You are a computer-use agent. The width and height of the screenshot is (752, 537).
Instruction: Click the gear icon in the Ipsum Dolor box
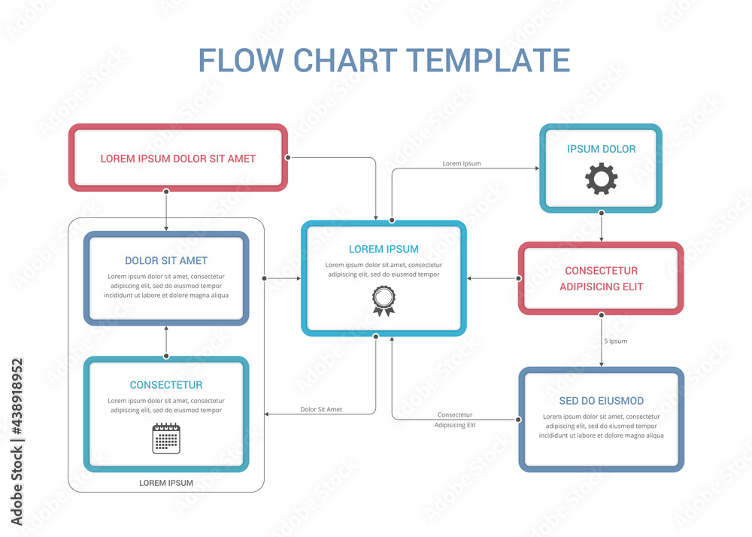point(601,179)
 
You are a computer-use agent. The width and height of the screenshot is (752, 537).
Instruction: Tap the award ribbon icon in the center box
point(384,300)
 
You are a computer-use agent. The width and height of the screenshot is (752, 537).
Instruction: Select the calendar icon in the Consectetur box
point(166,438)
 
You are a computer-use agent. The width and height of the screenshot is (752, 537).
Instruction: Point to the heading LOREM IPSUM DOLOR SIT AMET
point(178,159)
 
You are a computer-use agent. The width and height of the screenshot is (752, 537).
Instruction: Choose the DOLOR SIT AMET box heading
point(166,261)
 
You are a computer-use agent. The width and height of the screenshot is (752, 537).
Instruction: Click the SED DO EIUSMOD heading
point(601,401)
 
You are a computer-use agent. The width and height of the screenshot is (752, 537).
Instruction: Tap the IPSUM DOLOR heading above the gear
point(601,149)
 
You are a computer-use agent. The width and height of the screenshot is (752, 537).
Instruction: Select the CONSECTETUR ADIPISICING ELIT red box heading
point(601,278)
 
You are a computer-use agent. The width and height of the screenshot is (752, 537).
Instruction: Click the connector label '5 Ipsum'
point(615,341)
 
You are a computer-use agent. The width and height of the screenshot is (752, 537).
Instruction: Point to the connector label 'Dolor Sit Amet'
point(321,410)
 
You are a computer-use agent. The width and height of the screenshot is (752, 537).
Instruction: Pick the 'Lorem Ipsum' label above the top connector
point(462,163)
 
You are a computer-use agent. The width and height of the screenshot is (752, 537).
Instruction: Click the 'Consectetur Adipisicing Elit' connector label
point(455,420)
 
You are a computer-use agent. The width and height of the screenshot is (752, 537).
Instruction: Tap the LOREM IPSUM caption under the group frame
point(166,483)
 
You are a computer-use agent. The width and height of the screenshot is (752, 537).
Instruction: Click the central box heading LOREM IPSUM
point(384,249)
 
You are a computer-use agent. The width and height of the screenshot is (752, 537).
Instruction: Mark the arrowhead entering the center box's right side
point(470,278)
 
